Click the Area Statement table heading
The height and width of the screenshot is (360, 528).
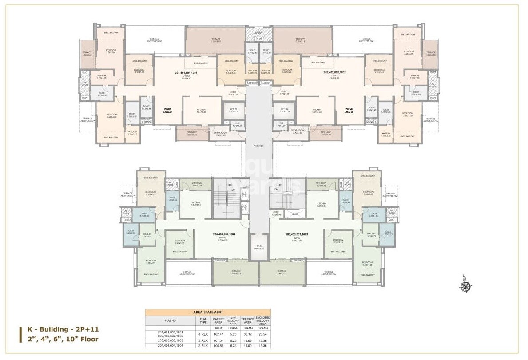(208, 313)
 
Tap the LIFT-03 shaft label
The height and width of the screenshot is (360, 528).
(259, 247)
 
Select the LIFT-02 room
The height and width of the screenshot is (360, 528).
(285, 110)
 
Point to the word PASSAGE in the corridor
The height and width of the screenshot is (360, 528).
(259, 146)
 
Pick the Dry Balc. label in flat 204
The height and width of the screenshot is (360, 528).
(197, 184)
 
